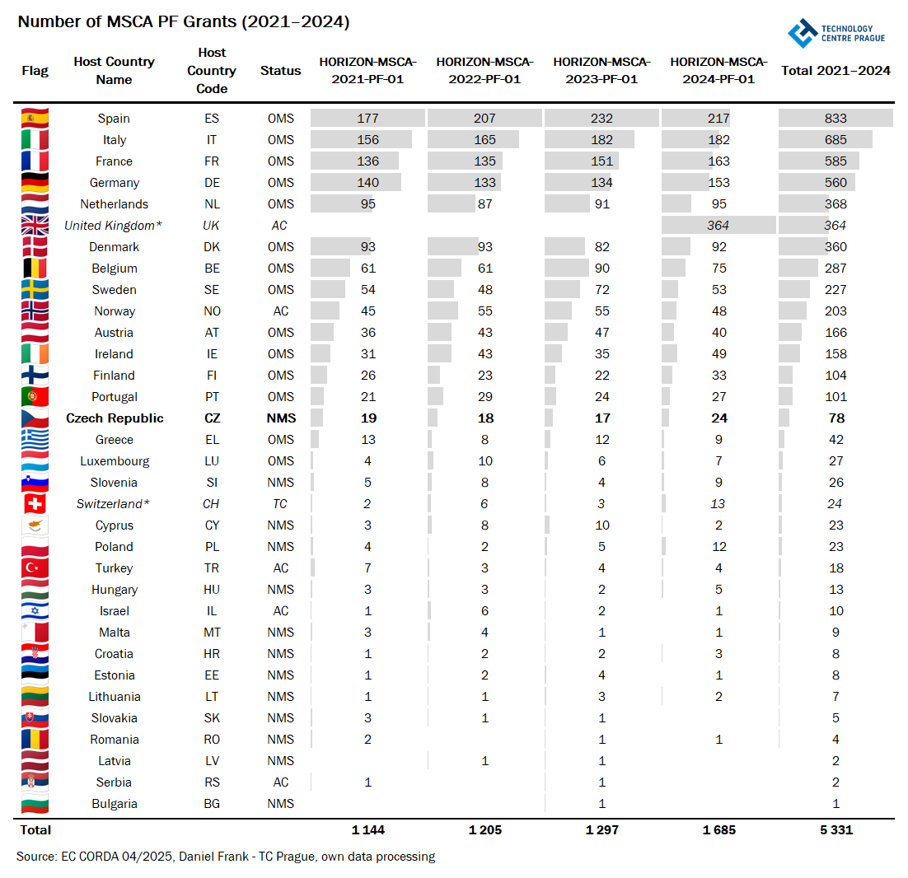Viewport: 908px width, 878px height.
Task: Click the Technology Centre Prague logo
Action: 835,33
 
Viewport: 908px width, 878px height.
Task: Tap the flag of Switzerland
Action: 35,504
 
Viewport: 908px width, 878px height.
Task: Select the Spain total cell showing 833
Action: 836,119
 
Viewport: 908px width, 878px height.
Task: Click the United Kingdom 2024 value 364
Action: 719,226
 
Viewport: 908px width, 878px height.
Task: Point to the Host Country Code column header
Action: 212,71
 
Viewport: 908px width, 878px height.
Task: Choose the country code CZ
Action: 212,418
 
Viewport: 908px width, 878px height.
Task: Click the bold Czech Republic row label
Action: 115,418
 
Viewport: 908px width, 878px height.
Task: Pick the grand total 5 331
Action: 836,830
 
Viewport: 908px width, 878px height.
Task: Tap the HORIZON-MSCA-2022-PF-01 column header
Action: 484,71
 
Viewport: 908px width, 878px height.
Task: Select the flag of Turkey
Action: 35,568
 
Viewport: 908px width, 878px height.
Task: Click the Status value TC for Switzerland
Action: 280,504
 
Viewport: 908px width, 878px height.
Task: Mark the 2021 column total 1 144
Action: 368,830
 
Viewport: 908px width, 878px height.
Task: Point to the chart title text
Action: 184,22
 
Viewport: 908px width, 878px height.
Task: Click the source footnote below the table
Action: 226,857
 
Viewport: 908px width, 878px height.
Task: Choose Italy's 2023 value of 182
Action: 602,140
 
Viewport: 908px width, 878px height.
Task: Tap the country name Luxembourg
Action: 115,461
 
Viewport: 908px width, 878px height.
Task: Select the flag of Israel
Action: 35,611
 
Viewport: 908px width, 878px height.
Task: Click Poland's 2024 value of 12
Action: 719,547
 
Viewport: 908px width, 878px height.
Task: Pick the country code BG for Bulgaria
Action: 212,804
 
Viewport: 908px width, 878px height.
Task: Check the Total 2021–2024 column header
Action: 836,71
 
